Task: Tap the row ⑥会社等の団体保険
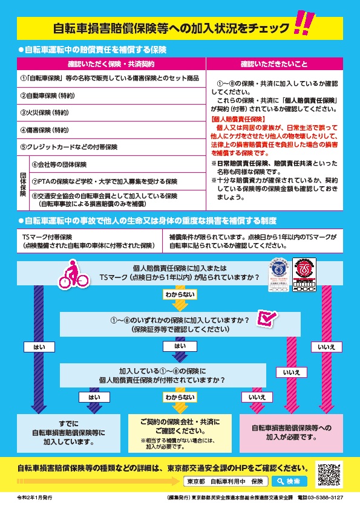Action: (117, 164)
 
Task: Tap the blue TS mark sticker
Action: (280, 275)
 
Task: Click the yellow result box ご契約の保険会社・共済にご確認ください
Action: (180, 432)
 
